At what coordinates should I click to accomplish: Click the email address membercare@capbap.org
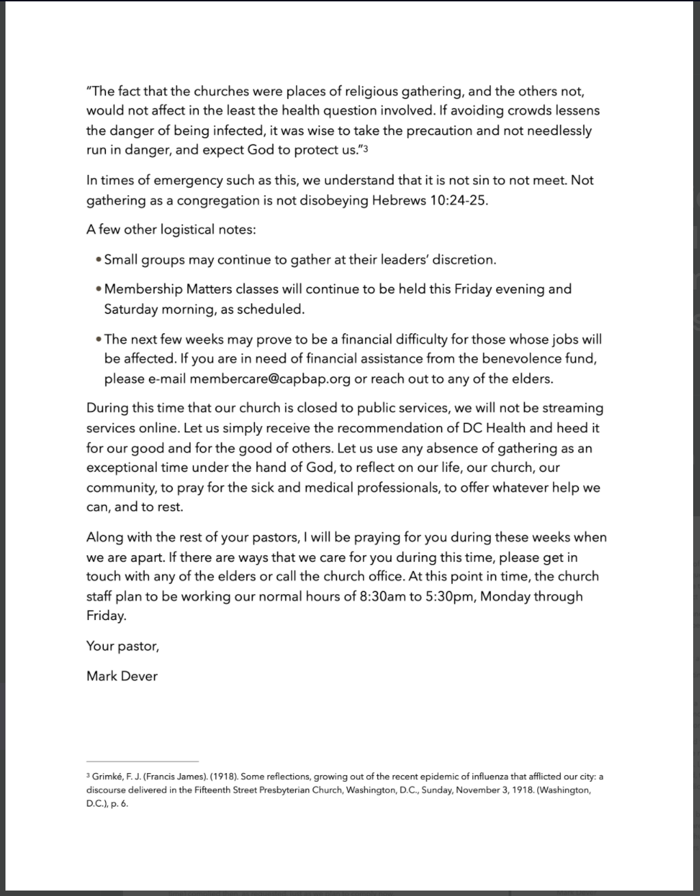tap(270, 378)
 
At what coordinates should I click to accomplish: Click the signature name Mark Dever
tap(122, 676)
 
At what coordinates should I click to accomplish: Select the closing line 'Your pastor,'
tap(122, 645)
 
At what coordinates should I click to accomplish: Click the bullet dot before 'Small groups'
tap(99, 260)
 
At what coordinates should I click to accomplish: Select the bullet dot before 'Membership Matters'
tap(99, 290)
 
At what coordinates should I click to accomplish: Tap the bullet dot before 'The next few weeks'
tap(99, 339)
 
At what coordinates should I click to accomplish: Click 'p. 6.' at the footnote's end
tap(118, 804)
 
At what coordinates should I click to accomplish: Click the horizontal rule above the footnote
tap(142, 761)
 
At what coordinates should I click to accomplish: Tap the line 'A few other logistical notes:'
tap(171, 229)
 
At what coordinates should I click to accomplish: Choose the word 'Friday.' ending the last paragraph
tap(107, 615)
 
